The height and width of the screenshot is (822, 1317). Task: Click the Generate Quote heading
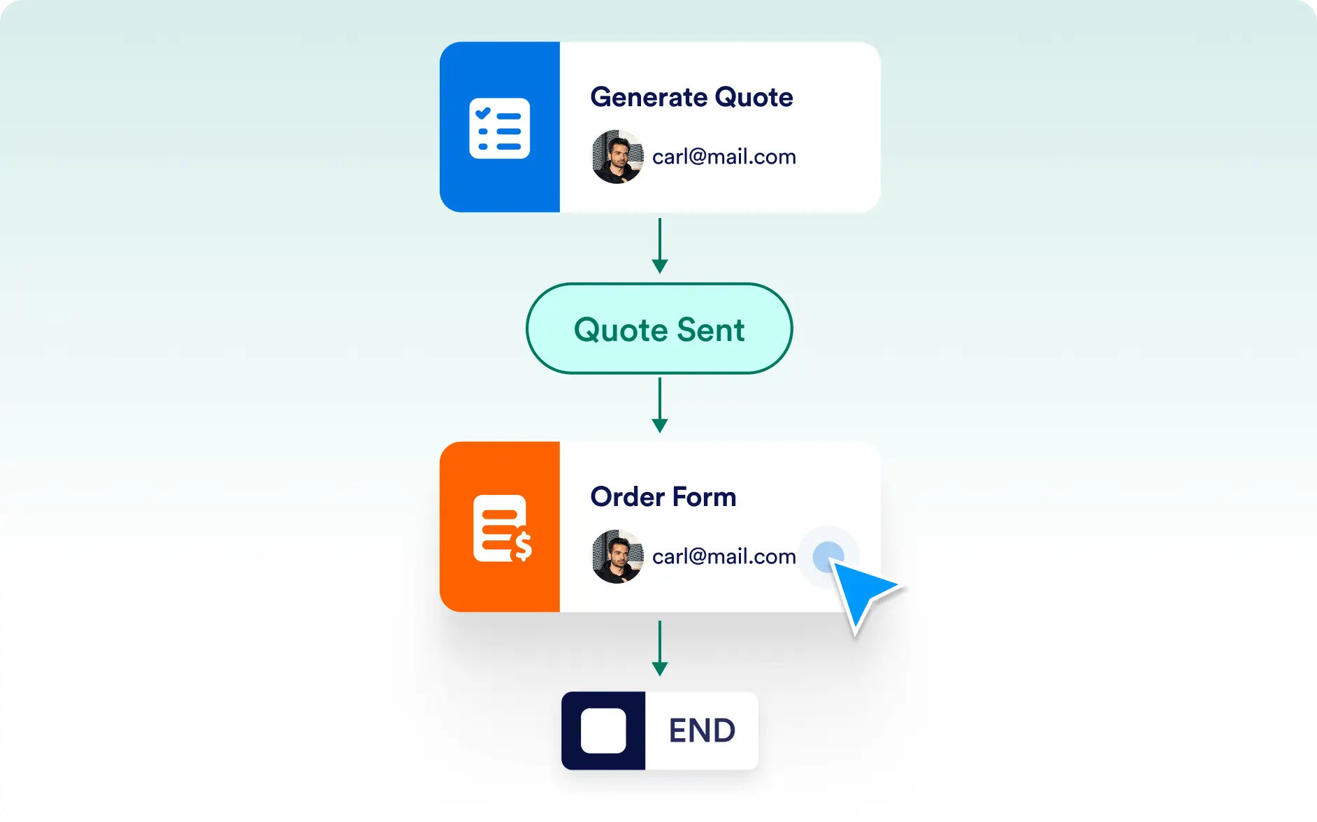coord(691,97)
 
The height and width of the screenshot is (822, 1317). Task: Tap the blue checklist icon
coord(500,129)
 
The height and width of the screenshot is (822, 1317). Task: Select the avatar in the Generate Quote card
coord(618,157)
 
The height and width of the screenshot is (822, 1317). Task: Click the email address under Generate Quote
coord(724,157)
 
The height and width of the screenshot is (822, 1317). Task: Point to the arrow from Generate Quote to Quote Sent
coord(659,246)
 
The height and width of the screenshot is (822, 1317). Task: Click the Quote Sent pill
coord(659,329)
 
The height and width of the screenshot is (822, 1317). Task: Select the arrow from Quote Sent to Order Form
coord(659,405)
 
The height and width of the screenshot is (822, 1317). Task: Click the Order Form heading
coord(663,497)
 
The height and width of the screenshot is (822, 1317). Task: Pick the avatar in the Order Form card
coord(618,556)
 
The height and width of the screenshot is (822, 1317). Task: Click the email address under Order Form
coord(724,556)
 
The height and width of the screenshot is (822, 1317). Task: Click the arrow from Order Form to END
coord(659,649)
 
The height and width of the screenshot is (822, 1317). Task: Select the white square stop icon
coord(603,731)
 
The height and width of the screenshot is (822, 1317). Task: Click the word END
coord(702,731)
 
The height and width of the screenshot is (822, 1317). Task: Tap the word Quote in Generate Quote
coord(754,97)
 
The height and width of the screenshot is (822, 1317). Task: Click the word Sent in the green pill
coord(711,330)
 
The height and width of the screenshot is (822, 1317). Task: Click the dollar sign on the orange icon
coord(522,546)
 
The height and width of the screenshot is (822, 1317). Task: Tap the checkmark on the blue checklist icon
coord(483,113)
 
